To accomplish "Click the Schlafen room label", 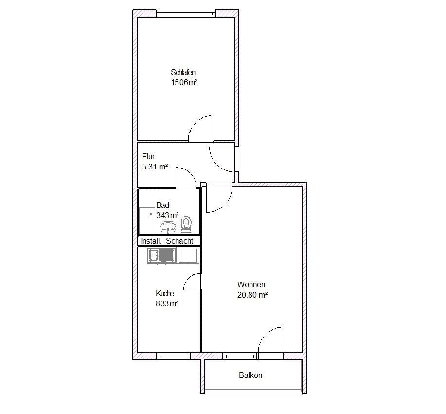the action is pyautogui.click(x=183, y=73).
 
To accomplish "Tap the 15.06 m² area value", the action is pyautogui.click(x=184, y=83).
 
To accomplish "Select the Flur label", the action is pyautogui.click(x=148, y=156).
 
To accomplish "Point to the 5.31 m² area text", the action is pyautogui.click(x=155, y=167).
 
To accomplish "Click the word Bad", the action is pyautogui.click(x=163, y=205).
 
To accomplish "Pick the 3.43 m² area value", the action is pyautogui.click(x=167, y=215).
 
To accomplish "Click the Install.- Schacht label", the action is pyautogui.click(x=167, y=241).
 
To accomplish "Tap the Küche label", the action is pyautogui.click(x=165, y=294).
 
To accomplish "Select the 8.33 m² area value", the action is pyautogui.click(x=167, y=304).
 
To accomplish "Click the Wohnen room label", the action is pyautogui.click(x=251, y=284).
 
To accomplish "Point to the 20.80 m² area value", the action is pyautogui.click(x=252, y=295).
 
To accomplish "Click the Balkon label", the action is pyautogui.click(x=250, y=375).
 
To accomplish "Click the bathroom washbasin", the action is pyautogui.click(x=168, y=227).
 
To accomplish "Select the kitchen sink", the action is pyautogui.click(x=161, y=255).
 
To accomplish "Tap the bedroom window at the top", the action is pyautogui.click(x=185, y=13).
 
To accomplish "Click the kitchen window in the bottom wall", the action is pyautogui.click(x=173, y=356).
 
